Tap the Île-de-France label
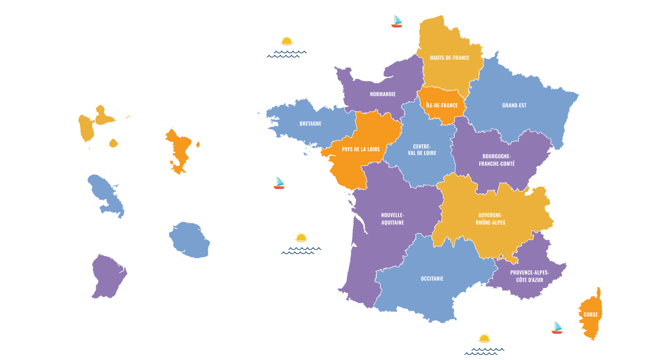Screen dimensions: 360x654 (442, 106)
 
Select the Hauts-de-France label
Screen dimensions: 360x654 (449, 58)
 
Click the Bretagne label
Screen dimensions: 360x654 (310, 124)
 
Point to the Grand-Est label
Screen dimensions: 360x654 (514, 106)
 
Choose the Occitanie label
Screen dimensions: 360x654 (432, 279)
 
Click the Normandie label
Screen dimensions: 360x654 (383, 94)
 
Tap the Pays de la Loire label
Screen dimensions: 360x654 (361, 149)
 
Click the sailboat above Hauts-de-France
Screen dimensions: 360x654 (397, 21)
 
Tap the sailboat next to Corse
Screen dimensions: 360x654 (557, 328)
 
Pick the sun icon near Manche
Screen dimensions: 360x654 (286, 41)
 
